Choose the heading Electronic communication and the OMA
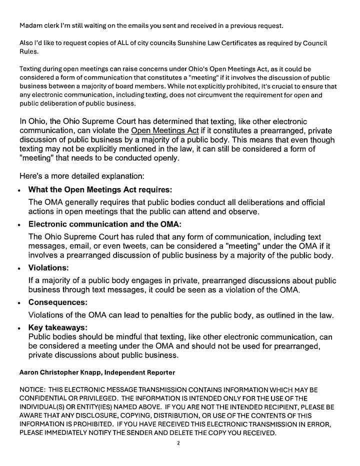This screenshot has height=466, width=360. tap(105, 224)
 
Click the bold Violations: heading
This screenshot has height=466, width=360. tap(48, 268)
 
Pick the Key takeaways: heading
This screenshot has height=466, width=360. tap(58, 327)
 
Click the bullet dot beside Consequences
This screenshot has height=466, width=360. tap(18, 303)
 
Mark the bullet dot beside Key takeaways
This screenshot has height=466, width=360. tap(18, 328)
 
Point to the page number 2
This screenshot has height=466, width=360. tap(177, 443)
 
